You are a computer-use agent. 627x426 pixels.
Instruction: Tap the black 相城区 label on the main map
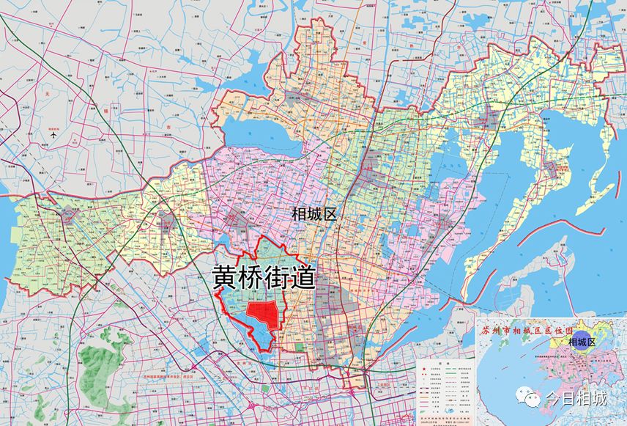click(x=313, y=214)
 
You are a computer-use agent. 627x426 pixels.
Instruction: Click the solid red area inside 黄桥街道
click(x=264, y=315)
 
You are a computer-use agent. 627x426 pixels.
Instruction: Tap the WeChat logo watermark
click(x=528, y=398)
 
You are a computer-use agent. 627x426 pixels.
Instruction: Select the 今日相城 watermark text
click(x=576, y=398)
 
